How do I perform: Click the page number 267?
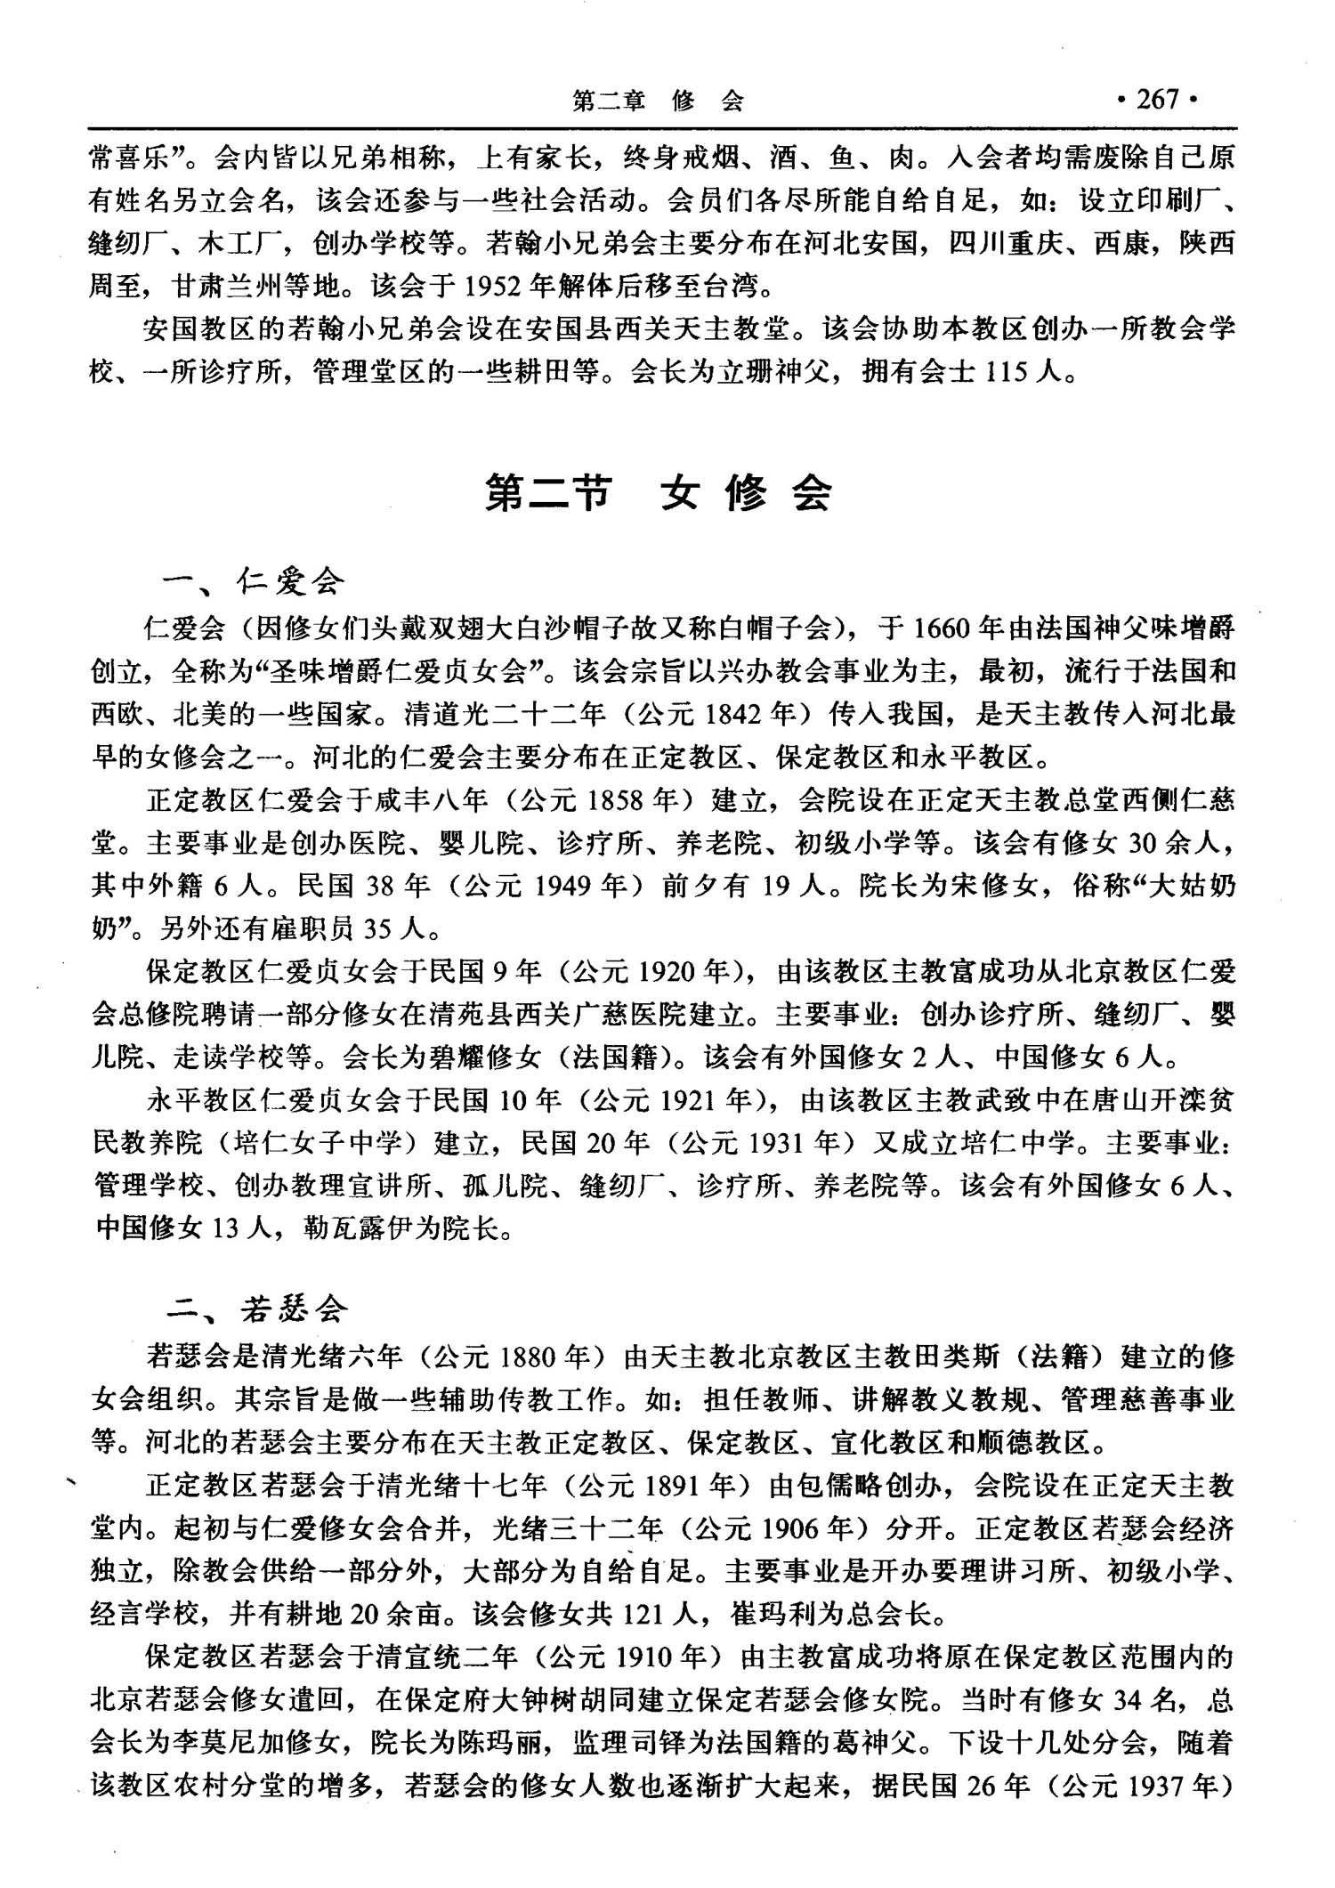1158,99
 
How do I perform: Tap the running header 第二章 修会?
658,101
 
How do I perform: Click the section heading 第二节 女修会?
659,492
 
